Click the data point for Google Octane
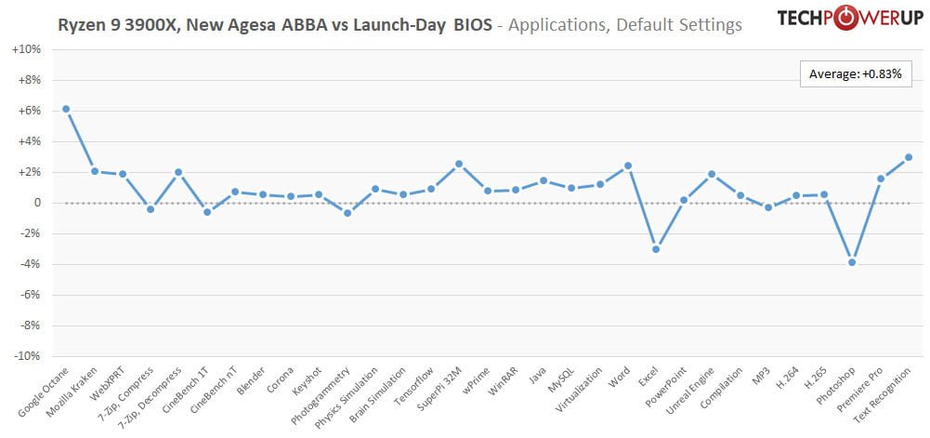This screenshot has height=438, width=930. (66, 109)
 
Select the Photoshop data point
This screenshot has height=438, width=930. (852, 262)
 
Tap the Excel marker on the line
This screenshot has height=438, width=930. (655, 249)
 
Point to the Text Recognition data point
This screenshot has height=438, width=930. (908, 157)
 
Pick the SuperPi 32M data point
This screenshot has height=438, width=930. (459, 164)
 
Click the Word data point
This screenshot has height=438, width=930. (627, 166)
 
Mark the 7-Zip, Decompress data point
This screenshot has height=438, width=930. (178, 172)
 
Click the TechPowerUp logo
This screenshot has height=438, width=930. (836, 20)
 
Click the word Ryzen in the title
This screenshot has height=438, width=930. (82, 25)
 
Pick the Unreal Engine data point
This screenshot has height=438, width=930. (711, 174)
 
